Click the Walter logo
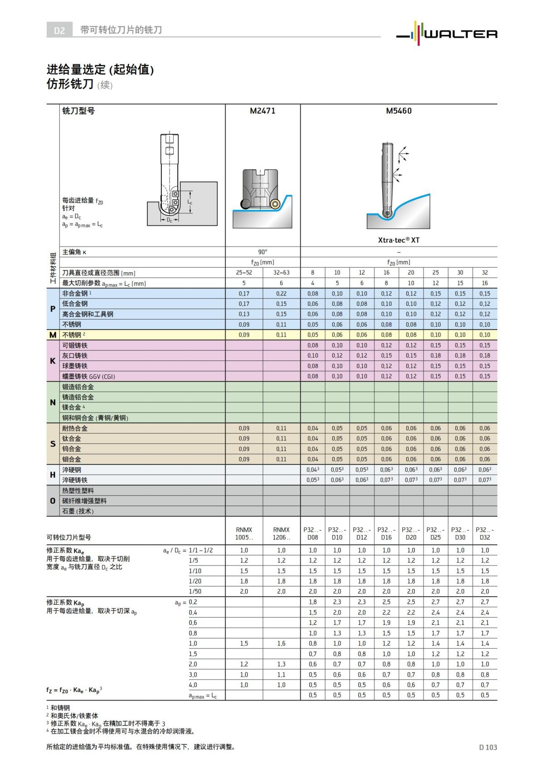click(447, 33)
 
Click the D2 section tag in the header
click(59, 30)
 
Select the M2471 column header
click(262, 111)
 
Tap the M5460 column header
click(398, 111)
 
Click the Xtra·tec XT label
click(398, 240)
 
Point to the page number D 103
click(488, 747)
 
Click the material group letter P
click(53, 309)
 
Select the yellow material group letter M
click(53, 335)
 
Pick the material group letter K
click(53, 361)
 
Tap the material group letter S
click(53, 444)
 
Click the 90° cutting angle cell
click(262, 252)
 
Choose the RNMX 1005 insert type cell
click(244, 534)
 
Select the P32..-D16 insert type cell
click(386, 534)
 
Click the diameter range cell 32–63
click(281, 273)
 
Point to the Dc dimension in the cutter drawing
click(169, 220)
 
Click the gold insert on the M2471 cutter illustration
click(275, 205)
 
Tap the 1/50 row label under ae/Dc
click(195, 591)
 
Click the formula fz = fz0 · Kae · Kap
click(74, 690)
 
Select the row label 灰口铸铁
click(75, 356)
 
